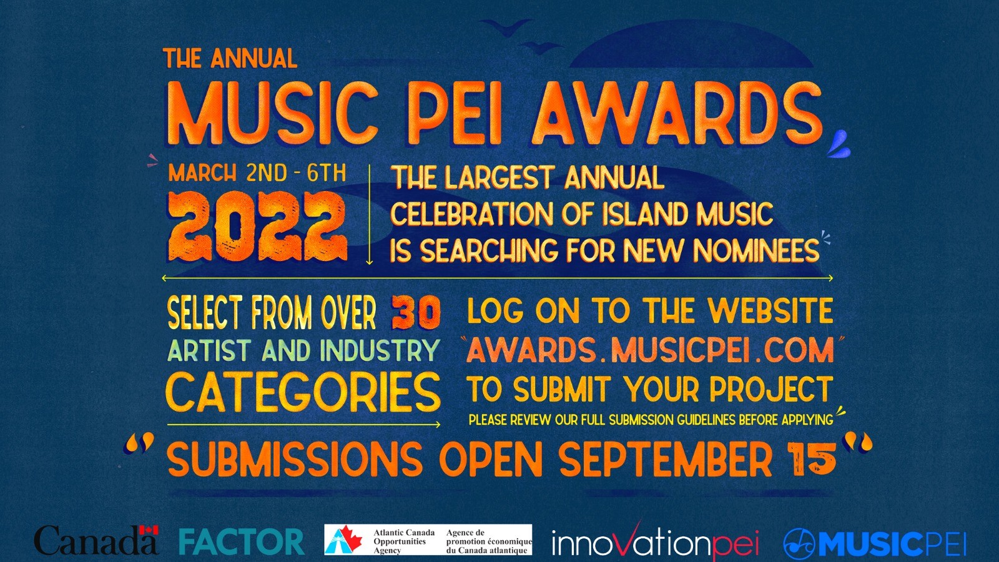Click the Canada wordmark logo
tap(96, 540)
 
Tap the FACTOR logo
tap(242, 541)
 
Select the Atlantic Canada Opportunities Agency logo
tap(428, 540)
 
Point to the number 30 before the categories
tap(416, 313)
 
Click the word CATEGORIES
tap(303, 392)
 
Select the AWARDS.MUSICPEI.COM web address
tap(650, 350)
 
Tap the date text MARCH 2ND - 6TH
tap(257, 173)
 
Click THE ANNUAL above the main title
tap(230, 59)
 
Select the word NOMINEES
tap(757, 250)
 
